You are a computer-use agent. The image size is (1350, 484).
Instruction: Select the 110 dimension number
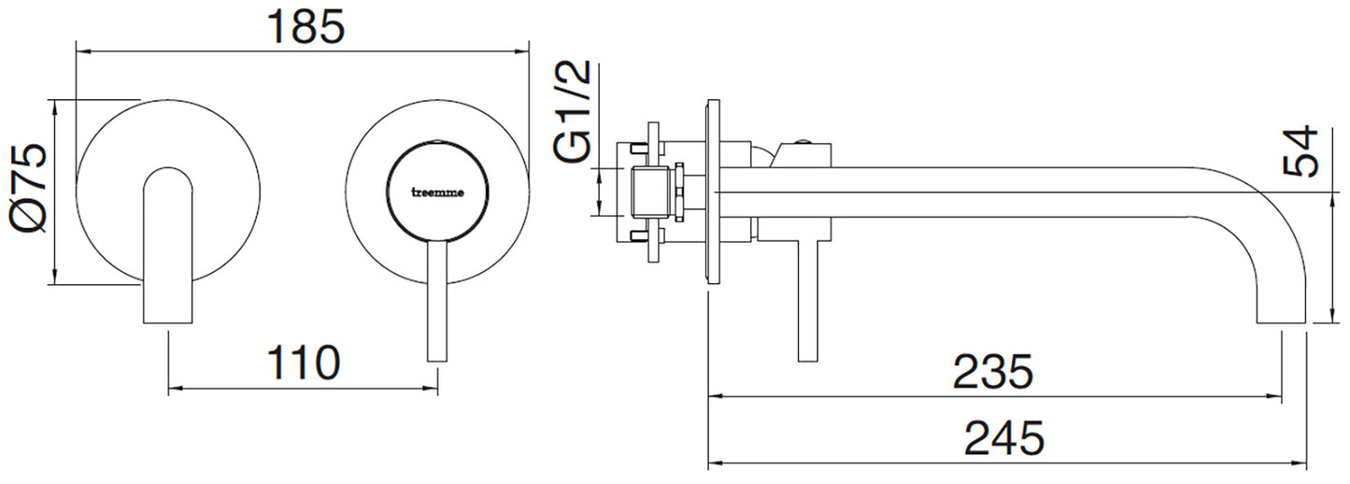pos(303,363)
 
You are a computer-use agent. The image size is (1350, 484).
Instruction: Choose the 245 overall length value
pos(1003,437)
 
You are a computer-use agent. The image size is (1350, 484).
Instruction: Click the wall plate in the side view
pos(713,192)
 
